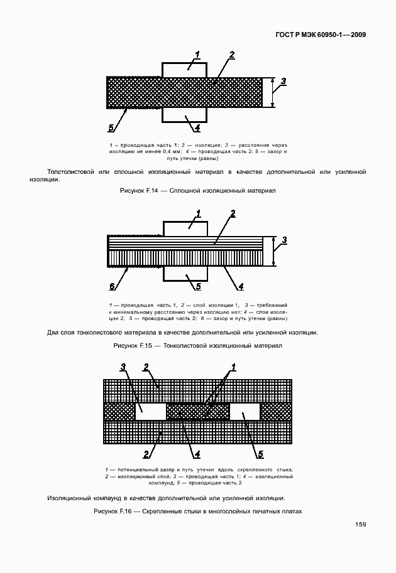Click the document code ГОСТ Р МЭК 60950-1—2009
click(321, 35)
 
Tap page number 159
click(360, 524)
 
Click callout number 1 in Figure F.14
click(197, 55)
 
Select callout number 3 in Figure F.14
click(283, 81)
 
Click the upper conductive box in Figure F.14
click(184, 69)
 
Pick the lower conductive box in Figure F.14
click(184, 115)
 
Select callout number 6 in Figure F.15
click(112, 287)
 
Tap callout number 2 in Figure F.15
click(232, 214)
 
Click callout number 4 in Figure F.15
click(241, 287)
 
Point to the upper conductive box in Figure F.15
click(186, 228)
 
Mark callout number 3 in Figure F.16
click(123, 367)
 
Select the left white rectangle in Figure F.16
click(151, 412)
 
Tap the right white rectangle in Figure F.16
click(245, 412)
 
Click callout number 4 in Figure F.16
click(196, 454)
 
